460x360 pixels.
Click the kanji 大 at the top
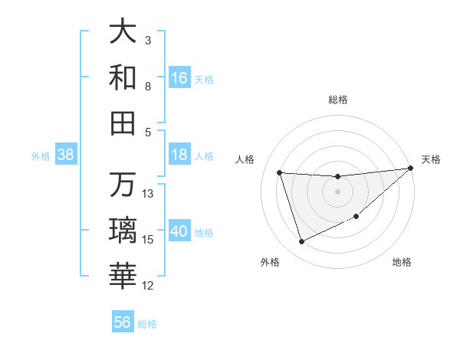point(123,33)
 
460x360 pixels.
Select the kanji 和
point(123,77)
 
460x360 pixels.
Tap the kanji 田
point(123,123)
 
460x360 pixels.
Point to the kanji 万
point(123,185)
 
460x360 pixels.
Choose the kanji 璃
point(123,230)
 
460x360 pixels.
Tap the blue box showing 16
point(179,77)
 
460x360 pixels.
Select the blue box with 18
point(179,155)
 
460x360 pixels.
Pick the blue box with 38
point(65,155)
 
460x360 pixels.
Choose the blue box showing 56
point(123,322)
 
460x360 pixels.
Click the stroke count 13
point(149,194)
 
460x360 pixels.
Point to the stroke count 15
point(149,240)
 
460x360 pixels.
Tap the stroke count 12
point(149,286)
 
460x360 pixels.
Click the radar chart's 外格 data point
point(301,242)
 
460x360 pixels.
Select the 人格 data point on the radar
point(280,172)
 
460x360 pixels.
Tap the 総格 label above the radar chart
point(337,100)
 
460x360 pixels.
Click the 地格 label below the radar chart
point(402,262)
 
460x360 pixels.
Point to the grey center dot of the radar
point(337,191)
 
